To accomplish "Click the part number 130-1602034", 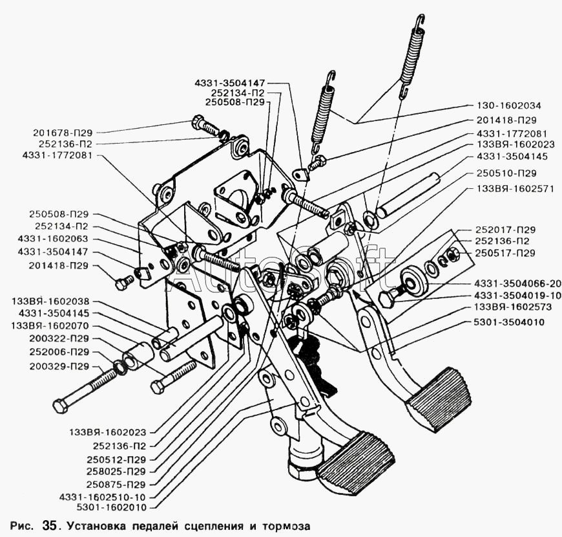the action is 508,106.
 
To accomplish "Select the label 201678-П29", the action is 63,133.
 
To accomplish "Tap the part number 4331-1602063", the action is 53,239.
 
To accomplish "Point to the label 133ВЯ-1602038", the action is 50,301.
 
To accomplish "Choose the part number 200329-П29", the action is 59,366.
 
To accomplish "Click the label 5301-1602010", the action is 112,508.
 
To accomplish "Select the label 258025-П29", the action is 116,471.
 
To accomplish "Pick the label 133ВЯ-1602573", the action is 512,307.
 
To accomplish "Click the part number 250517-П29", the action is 505,254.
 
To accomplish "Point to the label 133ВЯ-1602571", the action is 515,189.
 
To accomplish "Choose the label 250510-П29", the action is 506,173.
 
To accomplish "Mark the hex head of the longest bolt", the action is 60,406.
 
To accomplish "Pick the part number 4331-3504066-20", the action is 517,284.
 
